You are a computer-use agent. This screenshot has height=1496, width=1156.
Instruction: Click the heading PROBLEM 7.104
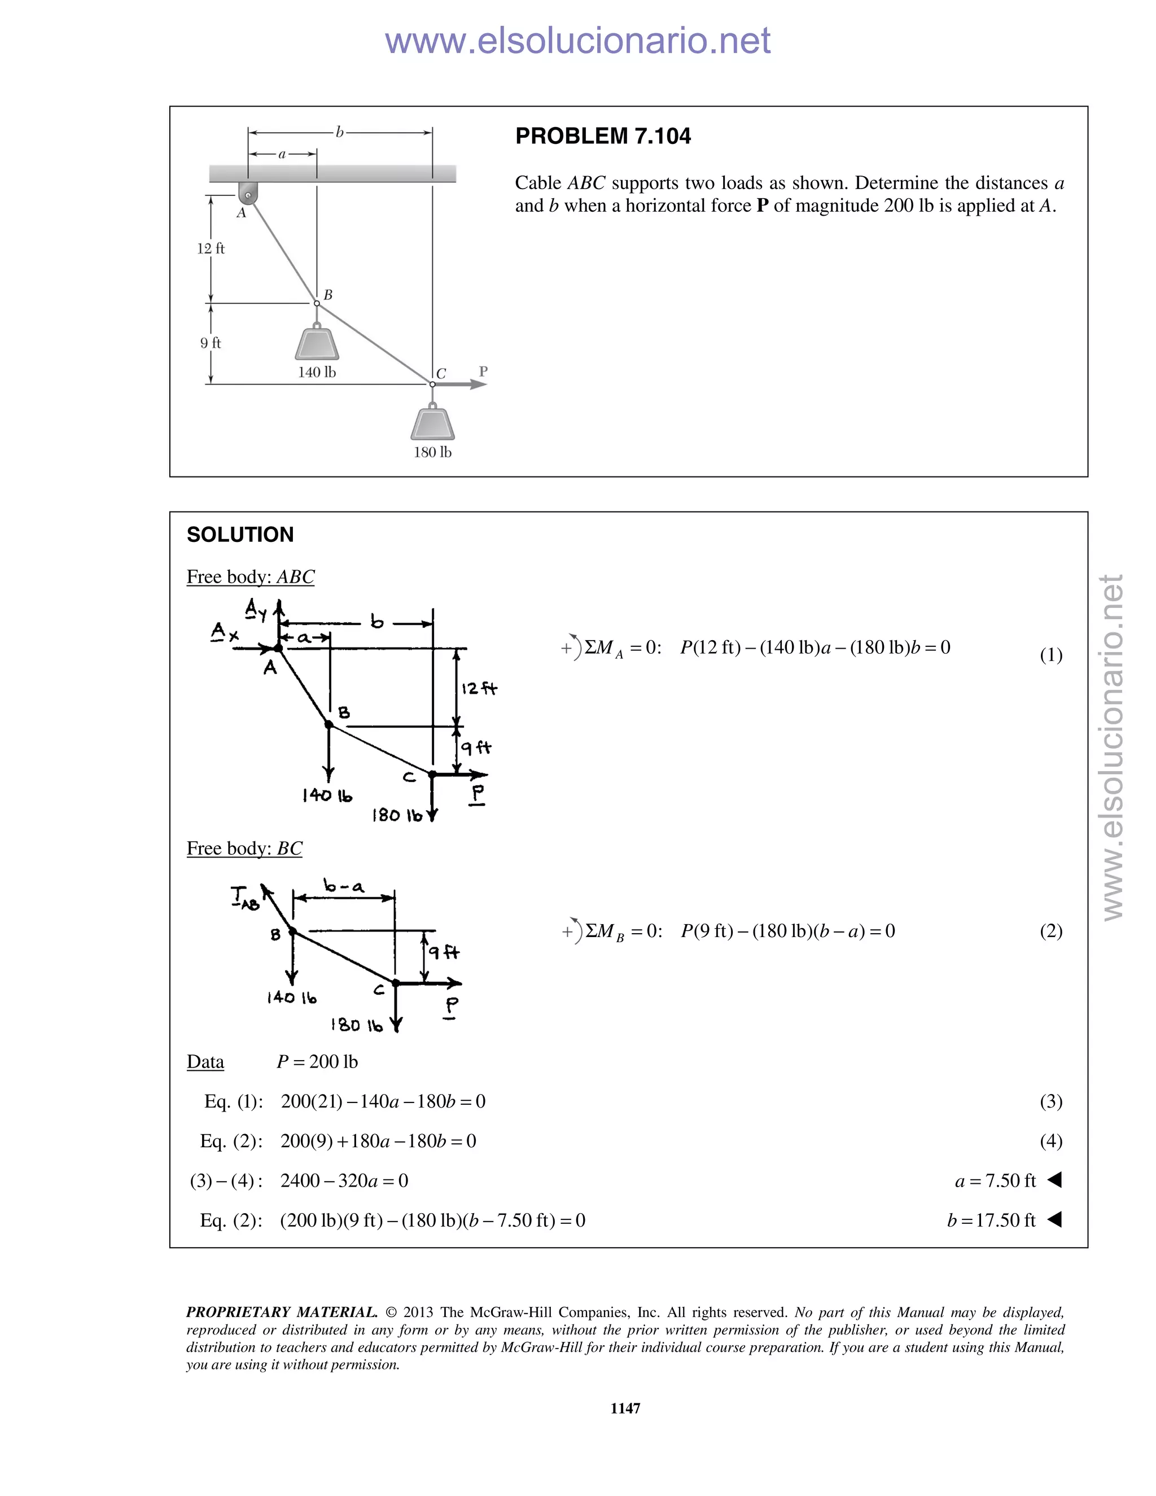(603, 136)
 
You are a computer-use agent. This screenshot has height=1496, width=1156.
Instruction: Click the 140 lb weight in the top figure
(317, 343)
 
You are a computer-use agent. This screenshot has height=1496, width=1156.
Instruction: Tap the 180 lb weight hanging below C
(433, 423)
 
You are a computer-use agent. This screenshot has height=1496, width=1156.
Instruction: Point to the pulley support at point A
(247, 193)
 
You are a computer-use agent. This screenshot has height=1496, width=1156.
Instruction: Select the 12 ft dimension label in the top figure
(211, 248)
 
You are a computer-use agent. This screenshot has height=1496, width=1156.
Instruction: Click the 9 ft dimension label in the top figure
(211, 343)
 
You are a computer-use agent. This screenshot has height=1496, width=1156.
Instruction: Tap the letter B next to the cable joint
(328, 295)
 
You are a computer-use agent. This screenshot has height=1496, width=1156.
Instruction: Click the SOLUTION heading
(240, 534)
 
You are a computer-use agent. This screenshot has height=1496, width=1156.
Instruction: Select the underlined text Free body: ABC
(251, 577)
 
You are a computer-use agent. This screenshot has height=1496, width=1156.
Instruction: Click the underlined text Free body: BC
(244, 848)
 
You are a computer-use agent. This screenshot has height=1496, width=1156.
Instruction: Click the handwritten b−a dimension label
(344, 887)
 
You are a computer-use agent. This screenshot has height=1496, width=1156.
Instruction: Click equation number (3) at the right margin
(1050, 1101)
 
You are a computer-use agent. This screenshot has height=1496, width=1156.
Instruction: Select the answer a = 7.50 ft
(995, 1180)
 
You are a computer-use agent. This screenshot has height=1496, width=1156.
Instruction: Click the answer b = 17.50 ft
(991, 1220)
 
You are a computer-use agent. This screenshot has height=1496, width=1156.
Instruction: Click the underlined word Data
(205, 1062)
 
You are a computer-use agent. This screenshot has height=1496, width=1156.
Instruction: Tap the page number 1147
(625, 1407)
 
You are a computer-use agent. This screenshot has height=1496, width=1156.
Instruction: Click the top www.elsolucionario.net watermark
(577, 41)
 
